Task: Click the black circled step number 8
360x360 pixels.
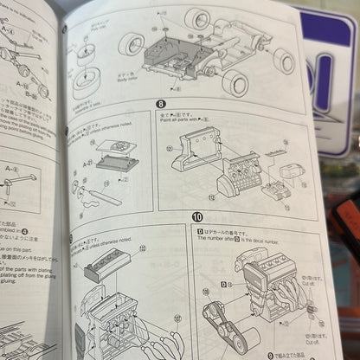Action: (160, 105)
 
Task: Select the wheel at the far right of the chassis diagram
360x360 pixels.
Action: (284, 61)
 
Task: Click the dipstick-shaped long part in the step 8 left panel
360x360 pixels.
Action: (102, 196)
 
